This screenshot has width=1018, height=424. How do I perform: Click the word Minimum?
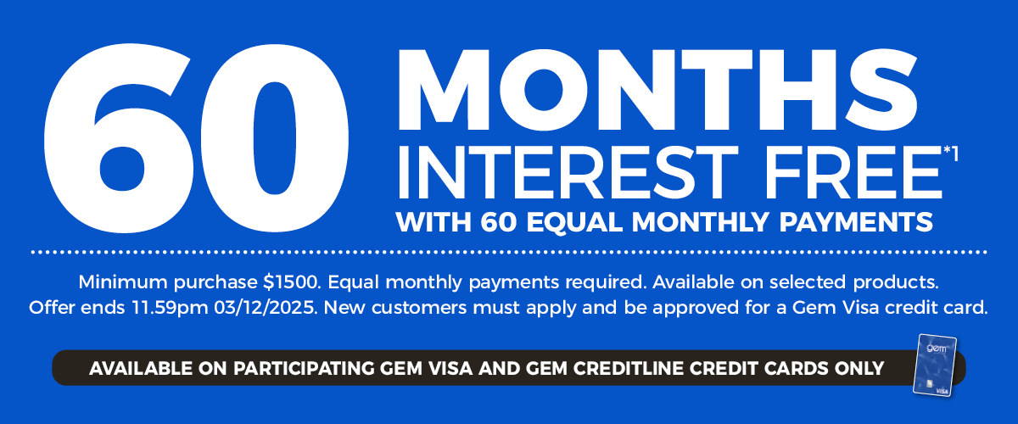[120, 280]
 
